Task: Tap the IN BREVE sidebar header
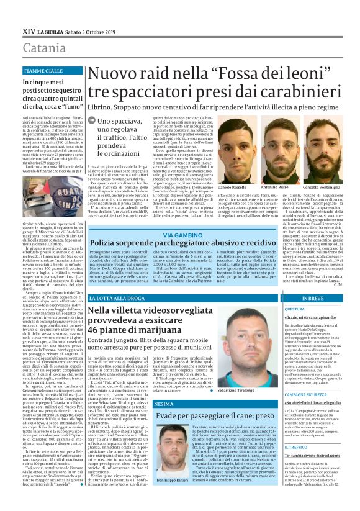coord(313,299)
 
